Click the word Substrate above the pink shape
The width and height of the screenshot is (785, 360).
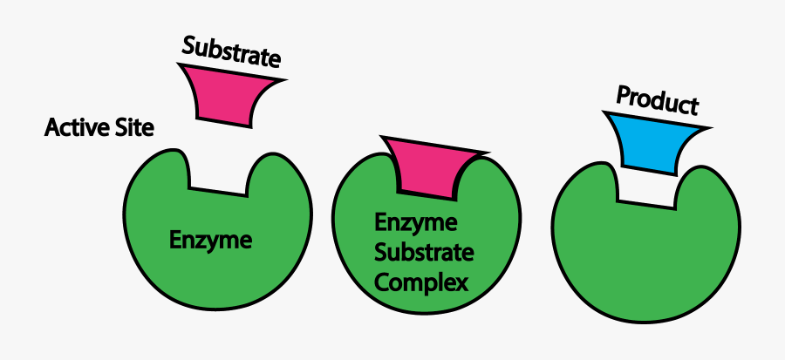[x=231, y=53]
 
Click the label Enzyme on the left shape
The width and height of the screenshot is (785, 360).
[x=211, y=240]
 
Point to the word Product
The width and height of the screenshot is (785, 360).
[x=658, y=100]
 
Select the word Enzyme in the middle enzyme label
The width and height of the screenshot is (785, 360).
[x=415, y=223]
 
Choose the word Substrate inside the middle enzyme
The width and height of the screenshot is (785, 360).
[x=424, y=253]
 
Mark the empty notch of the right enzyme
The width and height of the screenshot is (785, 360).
[x=648, y=187]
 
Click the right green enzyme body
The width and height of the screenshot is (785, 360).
[x=645, y=257]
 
